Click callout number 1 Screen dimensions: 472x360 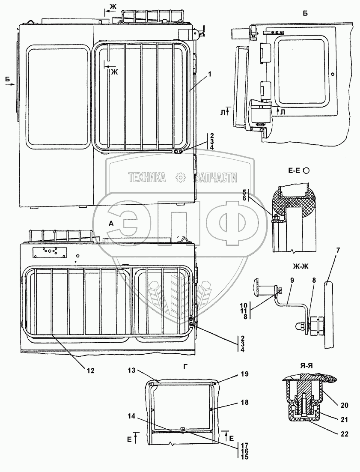point(209,74)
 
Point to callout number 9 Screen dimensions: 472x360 point(292,281)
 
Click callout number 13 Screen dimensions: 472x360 point(131,370)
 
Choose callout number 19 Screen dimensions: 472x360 point(244,374)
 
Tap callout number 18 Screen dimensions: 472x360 point(244,403)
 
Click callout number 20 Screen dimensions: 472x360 point(345,405)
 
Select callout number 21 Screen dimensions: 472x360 point(345,419)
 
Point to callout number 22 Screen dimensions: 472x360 point(345,434)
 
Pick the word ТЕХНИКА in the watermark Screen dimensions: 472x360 point(147,177)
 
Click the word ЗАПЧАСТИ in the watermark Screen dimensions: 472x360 point(217,177)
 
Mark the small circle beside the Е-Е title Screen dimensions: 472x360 point(306,170)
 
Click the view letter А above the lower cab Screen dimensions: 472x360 point(111,223)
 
